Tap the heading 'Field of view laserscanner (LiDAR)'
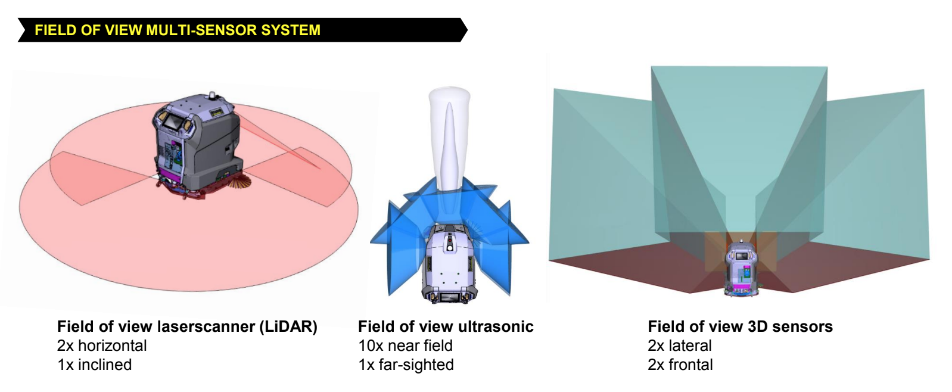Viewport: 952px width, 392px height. [187, 326]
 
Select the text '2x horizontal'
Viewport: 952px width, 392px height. [102, 346]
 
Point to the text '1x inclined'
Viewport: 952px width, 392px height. [94, 365]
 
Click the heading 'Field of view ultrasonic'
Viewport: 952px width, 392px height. [446, 326]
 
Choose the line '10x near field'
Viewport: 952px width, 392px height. [406, 346]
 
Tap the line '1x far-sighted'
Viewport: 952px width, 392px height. [406, 365]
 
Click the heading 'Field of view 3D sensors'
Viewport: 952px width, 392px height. [741, 326]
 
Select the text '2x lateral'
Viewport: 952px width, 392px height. [680, 346]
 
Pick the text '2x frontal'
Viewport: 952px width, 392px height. [680, 365]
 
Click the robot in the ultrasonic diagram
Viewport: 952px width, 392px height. [449, 263]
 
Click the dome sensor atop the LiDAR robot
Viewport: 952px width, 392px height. [211, 95]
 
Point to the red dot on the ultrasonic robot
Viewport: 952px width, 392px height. [450, 241]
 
